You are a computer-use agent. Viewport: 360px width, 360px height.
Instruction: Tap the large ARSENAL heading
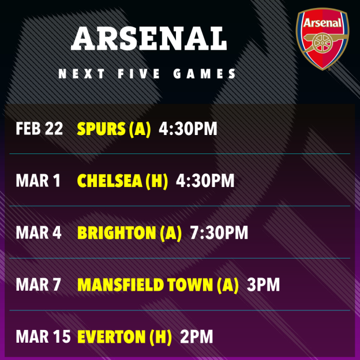click(x=149, y=39)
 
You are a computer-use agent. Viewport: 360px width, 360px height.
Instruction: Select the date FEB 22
click(x=39, y=128)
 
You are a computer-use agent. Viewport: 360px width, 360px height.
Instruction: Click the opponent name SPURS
click(x=102, y=128)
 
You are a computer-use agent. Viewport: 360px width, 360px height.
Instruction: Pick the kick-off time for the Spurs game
click(x=188, y=128)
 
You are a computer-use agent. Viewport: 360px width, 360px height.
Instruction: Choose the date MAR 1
click(x=38, y=181)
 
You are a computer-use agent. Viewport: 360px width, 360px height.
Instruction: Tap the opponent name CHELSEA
click(x=110, y=181)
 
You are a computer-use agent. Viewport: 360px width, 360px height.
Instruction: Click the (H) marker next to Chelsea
click(x=156, y=181)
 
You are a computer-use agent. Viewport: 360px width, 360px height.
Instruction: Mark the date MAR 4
click(x=38, y=232)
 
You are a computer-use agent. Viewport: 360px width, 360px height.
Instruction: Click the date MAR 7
click(x=38, y=285)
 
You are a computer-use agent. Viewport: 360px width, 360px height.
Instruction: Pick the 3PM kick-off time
click(x=262, y=285)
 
